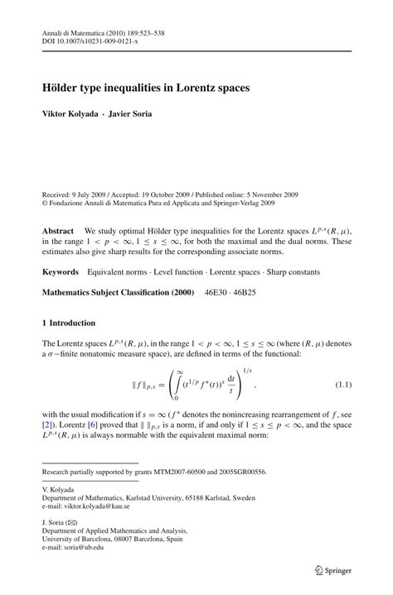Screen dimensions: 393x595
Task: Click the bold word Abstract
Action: [x=58, y=231]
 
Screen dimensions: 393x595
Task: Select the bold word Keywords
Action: [x=61, y=271]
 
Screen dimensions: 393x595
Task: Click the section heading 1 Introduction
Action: [x=69, y=323]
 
